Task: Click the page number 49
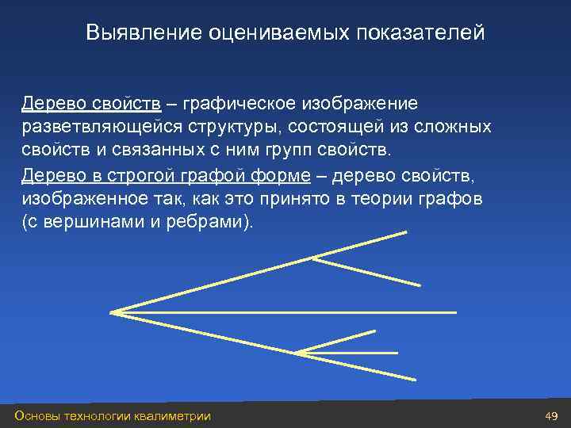click(x=552, y=416)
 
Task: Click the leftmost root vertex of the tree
click(x=112, y=312)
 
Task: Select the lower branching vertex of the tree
click(x=297, y=352)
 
